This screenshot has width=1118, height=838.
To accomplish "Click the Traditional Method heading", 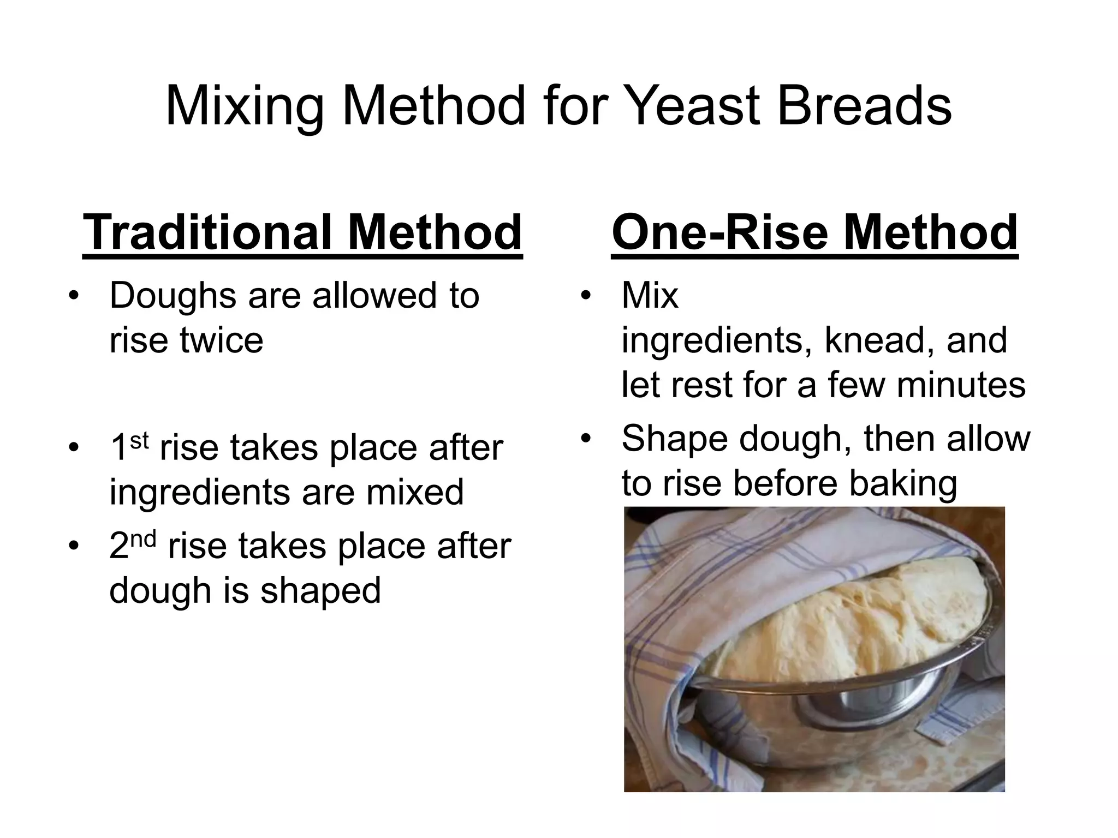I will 302,232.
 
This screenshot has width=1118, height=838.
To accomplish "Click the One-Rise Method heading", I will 814,232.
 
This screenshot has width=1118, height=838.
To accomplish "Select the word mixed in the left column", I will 414,492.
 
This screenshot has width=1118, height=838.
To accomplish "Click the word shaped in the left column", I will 320,591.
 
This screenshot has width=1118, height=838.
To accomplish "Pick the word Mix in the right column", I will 650,296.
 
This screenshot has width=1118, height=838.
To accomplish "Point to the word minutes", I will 961,385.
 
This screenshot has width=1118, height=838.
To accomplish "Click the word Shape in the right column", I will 675,439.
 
